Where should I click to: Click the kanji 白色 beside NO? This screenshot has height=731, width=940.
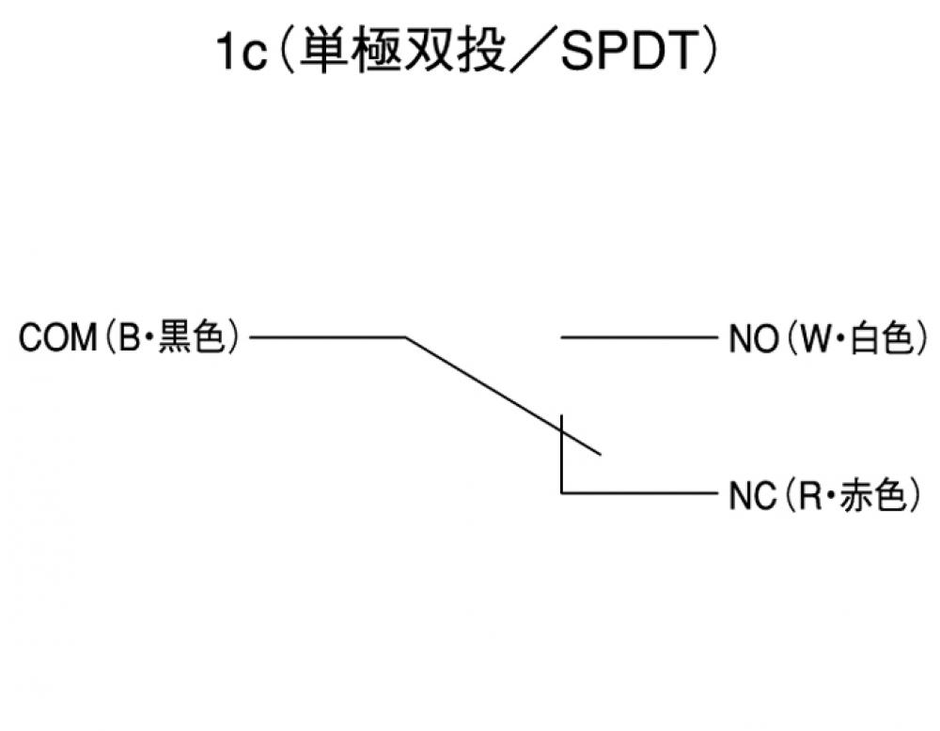tap(882, 337)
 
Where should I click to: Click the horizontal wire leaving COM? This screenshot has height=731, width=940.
tap(329, 336)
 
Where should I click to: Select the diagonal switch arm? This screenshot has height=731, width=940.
tap(503, 396)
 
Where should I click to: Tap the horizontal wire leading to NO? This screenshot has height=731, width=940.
tap(639, 336)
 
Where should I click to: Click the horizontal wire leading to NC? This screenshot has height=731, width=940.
tap(639, 491)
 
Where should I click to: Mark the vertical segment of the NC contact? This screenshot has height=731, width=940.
tap(561, 456)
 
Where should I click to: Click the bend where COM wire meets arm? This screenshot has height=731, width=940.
tap(405, 336)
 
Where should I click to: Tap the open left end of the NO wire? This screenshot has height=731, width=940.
tap(562, 336)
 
